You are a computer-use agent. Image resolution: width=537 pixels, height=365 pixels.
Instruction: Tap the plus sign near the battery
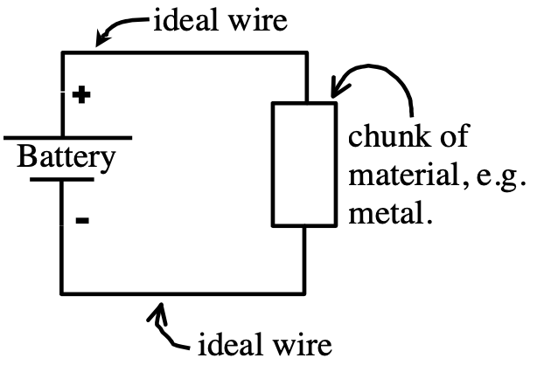[81, 94]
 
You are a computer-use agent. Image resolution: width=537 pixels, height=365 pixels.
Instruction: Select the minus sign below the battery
[81, 221]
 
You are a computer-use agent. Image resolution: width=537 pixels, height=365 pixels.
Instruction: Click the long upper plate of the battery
[66, 138]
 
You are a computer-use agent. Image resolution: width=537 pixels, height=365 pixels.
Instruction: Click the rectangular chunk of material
[304, 164]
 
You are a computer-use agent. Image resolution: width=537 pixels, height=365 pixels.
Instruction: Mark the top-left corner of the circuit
[61, 53]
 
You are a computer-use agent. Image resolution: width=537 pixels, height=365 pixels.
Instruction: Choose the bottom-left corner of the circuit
[61, 292]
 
